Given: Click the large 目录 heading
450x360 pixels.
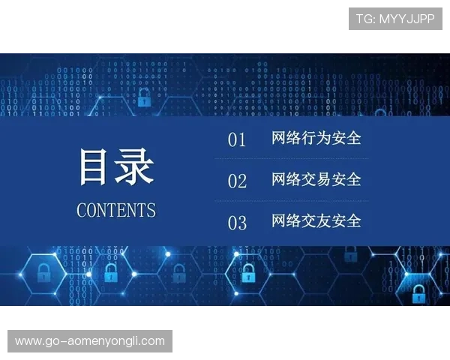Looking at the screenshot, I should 116,167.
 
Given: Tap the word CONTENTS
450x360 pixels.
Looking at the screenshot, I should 116,210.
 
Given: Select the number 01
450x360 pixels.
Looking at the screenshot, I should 237,139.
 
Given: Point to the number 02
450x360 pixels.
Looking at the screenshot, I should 237,181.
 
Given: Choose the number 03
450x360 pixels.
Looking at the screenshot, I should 237,222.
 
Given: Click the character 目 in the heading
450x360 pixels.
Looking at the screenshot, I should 94,167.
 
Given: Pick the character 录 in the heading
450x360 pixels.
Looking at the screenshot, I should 136,167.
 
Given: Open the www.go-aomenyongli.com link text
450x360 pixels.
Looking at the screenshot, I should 90,341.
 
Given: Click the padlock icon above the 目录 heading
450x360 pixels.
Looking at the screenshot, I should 144,96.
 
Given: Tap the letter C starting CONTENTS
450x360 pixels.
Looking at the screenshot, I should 82,210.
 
